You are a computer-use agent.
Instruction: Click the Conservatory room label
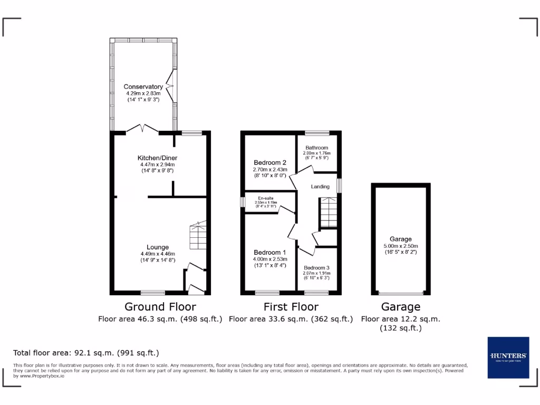coord(143,86)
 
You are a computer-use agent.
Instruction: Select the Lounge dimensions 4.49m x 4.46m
coord(158,254)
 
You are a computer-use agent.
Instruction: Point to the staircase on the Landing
coord(327,212)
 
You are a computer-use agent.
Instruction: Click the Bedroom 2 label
coord(269,162)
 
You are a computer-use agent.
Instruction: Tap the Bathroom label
coord(316,148)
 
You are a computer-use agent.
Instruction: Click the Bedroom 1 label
coord(269,252)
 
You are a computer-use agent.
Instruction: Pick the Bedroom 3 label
coord(316,268)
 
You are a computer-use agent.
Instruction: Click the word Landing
coord(320,187)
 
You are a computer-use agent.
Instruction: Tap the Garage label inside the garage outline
coord(401,239)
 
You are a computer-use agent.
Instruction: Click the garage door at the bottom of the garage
coord(401,293)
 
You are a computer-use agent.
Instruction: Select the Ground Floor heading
coord(160,306)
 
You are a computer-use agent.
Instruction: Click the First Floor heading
coord(291,306)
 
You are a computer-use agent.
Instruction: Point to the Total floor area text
coord(86,353)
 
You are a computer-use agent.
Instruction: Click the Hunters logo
coord(508,357)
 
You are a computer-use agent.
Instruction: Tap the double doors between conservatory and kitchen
coord(142,129)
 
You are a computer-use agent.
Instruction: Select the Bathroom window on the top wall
coord(317,132)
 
